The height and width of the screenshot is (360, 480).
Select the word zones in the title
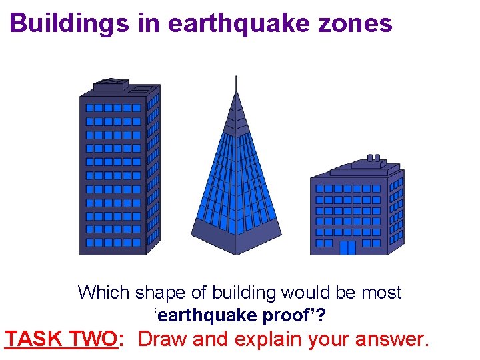pyautogui.click(x=361, y=24)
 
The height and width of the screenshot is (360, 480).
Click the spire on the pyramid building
pyautogui.click(x=236, y=83)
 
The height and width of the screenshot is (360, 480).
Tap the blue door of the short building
pyautogui.click(x=347, y=247)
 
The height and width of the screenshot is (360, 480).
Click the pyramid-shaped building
pyautogui.click(x=236, y=180)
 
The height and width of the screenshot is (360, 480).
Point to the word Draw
pyautogui.click(x=163, y=339)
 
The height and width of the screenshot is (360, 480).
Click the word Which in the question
pyautogui.click(x=104, y=293)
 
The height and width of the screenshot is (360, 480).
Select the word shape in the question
pyautogui.click(x=160, y=293)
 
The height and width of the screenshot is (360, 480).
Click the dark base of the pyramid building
pyautogui.click(x=236, y=237)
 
